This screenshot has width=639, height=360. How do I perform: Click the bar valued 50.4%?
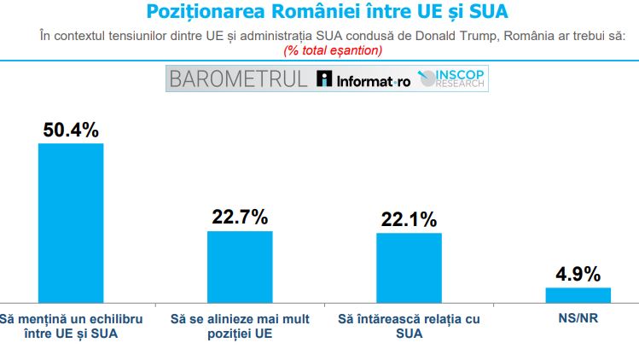pos(71,222)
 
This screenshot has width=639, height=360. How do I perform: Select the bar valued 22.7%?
pos(240,266)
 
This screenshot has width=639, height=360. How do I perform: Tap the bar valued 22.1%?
pos(409,267)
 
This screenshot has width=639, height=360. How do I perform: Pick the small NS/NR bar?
pos(578,294)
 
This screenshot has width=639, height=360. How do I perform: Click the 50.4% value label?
pos(71,130)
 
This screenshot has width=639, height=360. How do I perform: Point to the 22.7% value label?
pos(240,218)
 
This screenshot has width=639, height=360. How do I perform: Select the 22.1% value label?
pos(409,219)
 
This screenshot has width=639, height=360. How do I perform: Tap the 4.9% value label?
pos(578,274)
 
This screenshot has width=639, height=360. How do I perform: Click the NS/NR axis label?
pos(578,319)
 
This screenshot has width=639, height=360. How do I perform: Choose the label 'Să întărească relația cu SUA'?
pos(409,326)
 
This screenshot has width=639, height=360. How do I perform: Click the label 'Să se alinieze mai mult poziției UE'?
pos(240,326)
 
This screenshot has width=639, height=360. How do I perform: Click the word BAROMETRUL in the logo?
pos(238,79)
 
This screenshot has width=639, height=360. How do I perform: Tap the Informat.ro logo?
pos(363,80)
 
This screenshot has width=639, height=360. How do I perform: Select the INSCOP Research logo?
pos(452,79)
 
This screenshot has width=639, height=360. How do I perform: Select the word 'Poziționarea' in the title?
pos(201,13)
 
